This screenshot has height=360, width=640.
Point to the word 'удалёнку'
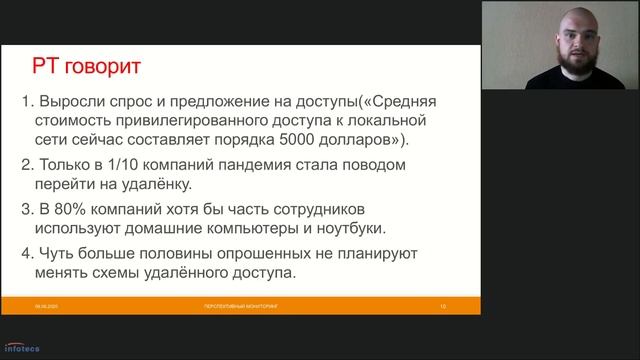tap(156, 184)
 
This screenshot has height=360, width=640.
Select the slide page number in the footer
tap(441, 305)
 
